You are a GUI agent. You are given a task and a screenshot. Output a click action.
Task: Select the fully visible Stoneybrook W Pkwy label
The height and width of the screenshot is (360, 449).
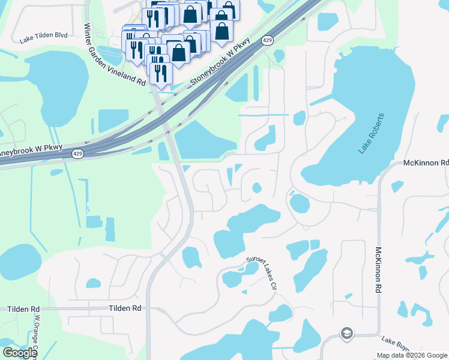[x=220, y=61]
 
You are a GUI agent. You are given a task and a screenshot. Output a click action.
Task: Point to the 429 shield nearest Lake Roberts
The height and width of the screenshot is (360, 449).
[x=267, y=40]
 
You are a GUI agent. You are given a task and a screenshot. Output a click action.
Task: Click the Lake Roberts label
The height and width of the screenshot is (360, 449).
[x=371, y=133]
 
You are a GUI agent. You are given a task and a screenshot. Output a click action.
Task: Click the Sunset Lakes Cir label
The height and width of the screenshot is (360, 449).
[x=262, y=273]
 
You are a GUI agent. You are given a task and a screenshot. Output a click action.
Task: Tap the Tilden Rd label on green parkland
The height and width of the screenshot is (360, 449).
[x=23, y=308]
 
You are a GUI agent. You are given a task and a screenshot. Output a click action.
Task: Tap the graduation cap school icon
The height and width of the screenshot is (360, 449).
[x=346, y=333]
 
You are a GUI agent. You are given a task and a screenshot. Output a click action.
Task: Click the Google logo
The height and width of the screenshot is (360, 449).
[x=20, y=353]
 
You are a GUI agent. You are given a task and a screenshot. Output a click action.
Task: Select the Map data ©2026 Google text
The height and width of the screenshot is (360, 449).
[x=412, y=355]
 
